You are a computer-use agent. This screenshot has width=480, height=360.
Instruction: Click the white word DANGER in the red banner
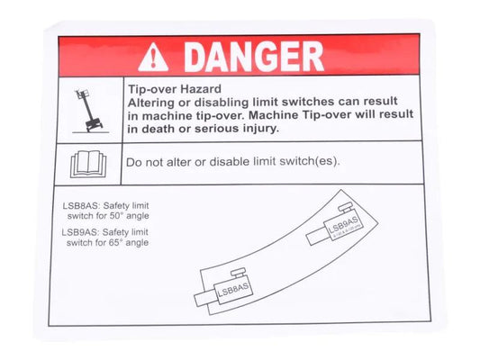coord(254,56)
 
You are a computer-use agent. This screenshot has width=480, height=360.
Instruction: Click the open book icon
coord(89,164)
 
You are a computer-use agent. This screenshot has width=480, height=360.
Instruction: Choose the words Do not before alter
coord(141,163)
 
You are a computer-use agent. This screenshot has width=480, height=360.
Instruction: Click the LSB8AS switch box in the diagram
coord(232,290)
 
